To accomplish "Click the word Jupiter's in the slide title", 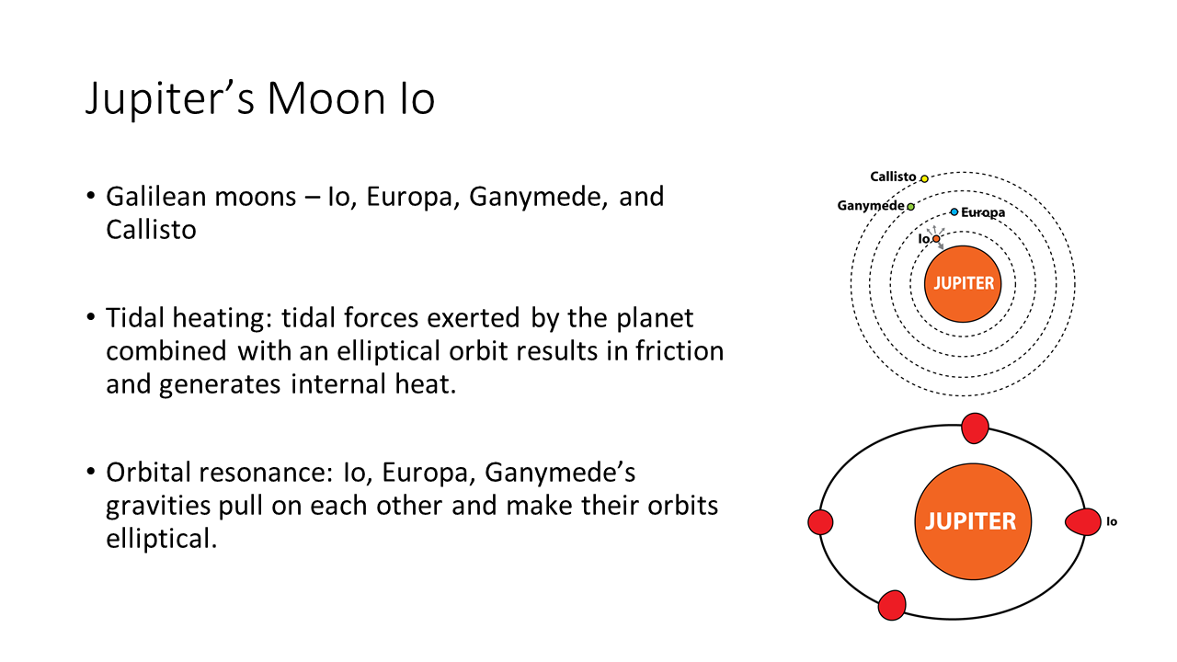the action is pyautogui.click(x=170, y=98).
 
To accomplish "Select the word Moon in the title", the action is pyautogui.click(x=326, y=98).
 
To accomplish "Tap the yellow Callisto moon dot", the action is pyautogui.click(x=924, y=178).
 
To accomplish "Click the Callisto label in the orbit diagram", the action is pyautogui.click(x=893, y=177).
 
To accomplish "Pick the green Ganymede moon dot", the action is pyautogui.click(x=910, y=207).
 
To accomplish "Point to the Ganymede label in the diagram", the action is pyautogui.click(x=871, y=206).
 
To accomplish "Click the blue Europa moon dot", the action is pyautogui.click(x=954, y=212).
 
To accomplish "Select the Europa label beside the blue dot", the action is pyautogui.click(x=983, y=212).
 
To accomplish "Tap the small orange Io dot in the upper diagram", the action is pyautogui.click(x=936, y=239).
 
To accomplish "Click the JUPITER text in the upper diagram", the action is pyautogui.click(x=964, y=284).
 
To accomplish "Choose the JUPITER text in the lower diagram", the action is pyautogui.click(x=970, y=521).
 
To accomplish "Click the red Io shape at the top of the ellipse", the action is pyautogui.click(x=975, y=428).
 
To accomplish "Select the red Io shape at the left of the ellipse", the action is pyautogui.click(x=820, y=522).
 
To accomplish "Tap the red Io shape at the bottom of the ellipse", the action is pyautogui.click(x=892, y=605).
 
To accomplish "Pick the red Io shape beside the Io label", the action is pyautogui.click(x=1083, y=521).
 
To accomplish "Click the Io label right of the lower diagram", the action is pyautogui.click(x=1112, y=521).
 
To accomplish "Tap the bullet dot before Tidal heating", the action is pyautogui.click(x=91, y=317).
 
